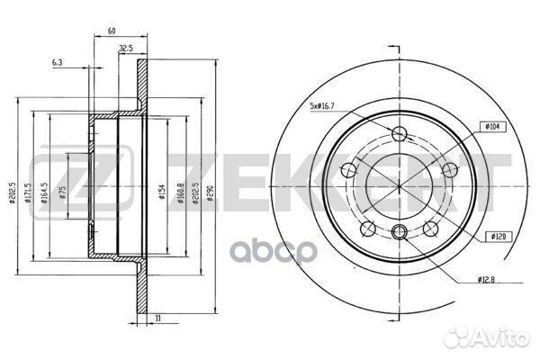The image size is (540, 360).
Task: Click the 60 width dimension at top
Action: point(112,31)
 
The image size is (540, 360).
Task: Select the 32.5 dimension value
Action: point(126,49)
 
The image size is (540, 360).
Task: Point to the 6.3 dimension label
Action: point(58,63)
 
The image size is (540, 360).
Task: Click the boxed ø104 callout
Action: point(494,129)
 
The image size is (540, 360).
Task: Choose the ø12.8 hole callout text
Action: point(490,279)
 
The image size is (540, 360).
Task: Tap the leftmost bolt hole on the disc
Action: point(348,169)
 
